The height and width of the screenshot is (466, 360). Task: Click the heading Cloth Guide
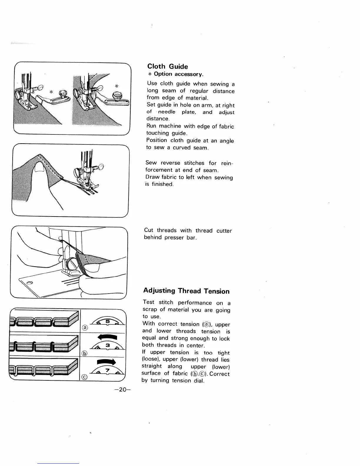click(167, 66)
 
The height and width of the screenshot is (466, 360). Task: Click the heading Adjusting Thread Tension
click(186, 291)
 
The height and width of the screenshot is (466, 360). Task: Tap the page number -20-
click(123, 390)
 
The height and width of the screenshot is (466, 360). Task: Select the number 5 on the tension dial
click(107, 322)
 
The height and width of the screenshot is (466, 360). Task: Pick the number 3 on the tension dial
click(108, 345)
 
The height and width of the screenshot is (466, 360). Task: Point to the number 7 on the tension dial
click(107, 370)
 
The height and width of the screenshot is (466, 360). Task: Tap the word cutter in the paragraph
click(224, 231)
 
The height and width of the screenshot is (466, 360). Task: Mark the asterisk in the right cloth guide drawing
click(116, 86)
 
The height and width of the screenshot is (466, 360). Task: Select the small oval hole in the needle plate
click(30, 283)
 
